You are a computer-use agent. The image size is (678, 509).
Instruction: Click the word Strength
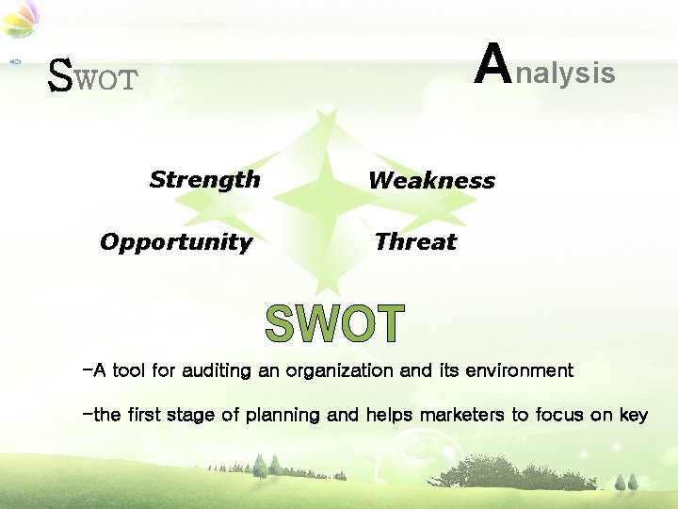(204, 179)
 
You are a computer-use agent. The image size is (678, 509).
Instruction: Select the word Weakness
(431, 180)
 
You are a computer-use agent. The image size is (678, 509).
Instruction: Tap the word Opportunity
(176, 242)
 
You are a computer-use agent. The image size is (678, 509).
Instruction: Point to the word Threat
(414, 242)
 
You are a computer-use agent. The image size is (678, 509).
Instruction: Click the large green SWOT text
(334, 324)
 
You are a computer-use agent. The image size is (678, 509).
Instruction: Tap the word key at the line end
(633, 416)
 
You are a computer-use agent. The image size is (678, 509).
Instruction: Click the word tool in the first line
(128, 370)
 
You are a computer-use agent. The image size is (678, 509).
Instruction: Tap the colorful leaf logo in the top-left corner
(19, 19)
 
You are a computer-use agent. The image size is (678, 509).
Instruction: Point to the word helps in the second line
(389, 416)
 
